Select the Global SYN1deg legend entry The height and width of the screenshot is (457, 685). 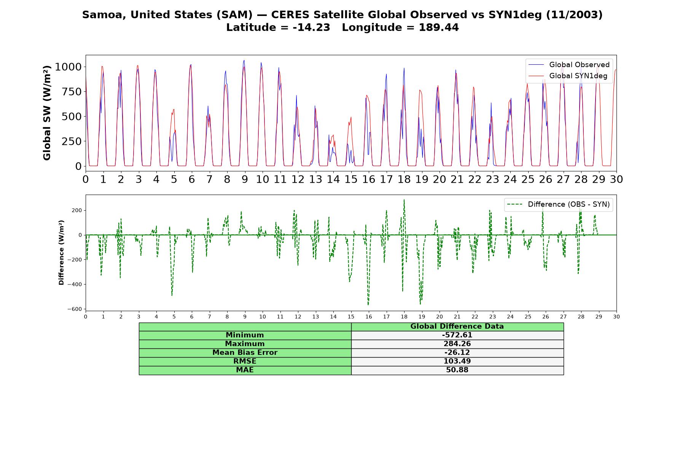point(568,76)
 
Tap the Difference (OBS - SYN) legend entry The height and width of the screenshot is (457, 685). point(558,205)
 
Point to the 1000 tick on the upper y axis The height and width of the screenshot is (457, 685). point(68,67)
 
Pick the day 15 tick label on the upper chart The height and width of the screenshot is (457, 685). point(351,179)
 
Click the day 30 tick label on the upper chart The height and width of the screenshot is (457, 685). point(616,179)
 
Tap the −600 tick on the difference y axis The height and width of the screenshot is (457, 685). point(75,309)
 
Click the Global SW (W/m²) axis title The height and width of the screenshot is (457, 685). point(47,113)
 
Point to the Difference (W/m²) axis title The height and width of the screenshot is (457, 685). point(61,252)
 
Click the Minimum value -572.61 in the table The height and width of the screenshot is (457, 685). point(457,335)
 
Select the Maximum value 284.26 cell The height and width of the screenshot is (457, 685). point(457,344)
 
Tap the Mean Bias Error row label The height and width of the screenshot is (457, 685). point(245,353)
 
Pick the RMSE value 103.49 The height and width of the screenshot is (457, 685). point(457,361)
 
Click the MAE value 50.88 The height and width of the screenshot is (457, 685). point(457,370)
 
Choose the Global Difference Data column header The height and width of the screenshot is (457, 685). point(457,326)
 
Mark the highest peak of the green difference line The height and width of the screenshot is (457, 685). point(404,200)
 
